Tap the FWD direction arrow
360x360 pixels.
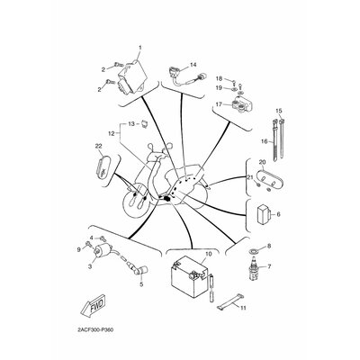[93, 304]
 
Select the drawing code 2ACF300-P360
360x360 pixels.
[91, 329]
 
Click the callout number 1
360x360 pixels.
[139, 48]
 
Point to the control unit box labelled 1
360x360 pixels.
[132, 76]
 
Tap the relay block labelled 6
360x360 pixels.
[264, 214]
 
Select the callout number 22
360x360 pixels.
[99, 146]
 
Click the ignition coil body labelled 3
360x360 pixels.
[101, 251]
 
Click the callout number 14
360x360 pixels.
[193, 65]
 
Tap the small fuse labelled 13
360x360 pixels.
[144, 123]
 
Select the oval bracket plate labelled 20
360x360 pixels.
[267, 178]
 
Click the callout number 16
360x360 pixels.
[264, 141]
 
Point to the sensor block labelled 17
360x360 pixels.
[242, 103]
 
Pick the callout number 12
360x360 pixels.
[112, 133]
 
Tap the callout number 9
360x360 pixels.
[79, 249]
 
